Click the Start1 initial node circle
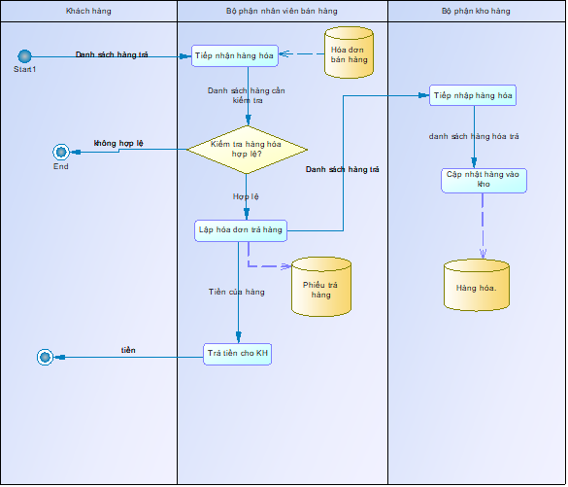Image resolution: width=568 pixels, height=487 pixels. point(24,56)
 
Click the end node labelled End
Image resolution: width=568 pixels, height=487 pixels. point(61,152)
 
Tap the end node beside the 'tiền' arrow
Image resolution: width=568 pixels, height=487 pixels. point(45,357)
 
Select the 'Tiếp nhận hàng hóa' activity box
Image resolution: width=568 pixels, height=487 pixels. point(235,55)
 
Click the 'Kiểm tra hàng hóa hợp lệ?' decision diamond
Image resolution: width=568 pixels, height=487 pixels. point(247,150)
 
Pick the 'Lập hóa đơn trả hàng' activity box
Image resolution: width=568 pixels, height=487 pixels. point(241,230)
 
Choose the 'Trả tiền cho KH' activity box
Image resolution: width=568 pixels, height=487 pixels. point(237,354)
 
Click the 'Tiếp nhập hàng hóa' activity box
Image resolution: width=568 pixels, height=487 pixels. point(473,95)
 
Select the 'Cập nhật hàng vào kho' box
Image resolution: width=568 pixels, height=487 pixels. point(484,181)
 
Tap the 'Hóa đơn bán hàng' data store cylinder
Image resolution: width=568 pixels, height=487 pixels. point(349,52)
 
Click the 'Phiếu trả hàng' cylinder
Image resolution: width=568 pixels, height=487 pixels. point(321,287)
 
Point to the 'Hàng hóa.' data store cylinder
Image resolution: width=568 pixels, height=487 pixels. point(477,286)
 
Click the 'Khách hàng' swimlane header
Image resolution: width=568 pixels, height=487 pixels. point(88,12)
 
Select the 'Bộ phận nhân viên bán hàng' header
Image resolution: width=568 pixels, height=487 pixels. point(283,12)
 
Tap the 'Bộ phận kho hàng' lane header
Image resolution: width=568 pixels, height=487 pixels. point(476,12)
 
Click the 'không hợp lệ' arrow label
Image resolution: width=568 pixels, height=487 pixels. point(118,143)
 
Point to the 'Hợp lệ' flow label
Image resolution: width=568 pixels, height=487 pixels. point(246,196)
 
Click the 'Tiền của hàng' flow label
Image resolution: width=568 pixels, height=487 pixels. point(237,292)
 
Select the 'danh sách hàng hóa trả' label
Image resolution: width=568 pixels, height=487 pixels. point(474,136)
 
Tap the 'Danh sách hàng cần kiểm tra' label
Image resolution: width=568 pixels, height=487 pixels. point(247,95)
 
